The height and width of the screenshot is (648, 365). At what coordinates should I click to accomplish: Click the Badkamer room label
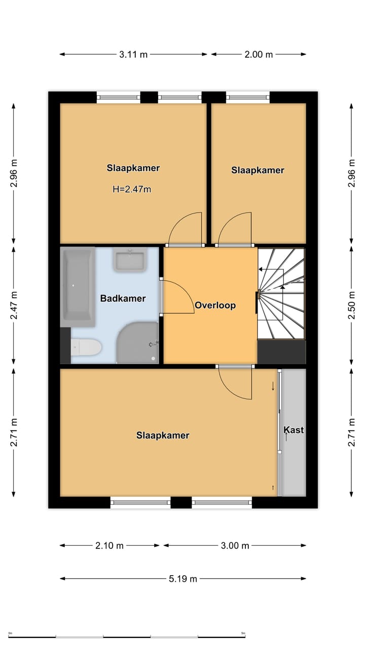123,298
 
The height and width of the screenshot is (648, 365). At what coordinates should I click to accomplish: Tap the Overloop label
215,305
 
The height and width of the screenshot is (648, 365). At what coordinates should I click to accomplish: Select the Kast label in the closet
294,430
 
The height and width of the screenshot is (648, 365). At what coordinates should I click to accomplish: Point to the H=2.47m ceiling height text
132,189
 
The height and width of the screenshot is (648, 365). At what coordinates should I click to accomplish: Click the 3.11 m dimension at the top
133,54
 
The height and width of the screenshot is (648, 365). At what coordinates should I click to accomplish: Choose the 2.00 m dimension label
259,54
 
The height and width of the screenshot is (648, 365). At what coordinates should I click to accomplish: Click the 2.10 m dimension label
109,546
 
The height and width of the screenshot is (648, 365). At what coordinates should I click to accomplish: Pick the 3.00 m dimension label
235,546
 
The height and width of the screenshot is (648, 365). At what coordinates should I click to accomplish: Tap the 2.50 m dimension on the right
351,305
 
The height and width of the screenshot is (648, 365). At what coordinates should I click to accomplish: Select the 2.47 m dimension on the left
14,305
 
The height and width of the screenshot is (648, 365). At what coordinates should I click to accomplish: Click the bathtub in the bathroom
78,287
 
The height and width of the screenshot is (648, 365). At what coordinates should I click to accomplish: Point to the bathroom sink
130,260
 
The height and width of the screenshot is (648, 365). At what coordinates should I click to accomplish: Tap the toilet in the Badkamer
86,347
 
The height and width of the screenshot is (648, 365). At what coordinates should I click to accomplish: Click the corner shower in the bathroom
137,343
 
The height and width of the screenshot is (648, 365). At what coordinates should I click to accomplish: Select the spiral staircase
281,294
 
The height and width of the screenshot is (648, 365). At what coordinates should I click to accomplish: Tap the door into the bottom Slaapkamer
235,382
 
